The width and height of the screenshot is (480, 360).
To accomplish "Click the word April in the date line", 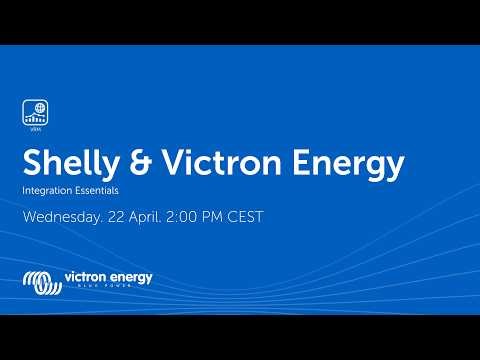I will coord(157,216).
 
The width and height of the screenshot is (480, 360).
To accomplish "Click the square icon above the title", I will coord(34,112).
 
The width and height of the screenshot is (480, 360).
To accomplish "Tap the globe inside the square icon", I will coord(38,108).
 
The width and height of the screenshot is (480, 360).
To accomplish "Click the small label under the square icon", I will coord(34,130).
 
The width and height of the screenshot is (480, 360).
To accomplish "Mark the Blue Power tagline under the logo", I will coord(108,289).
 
